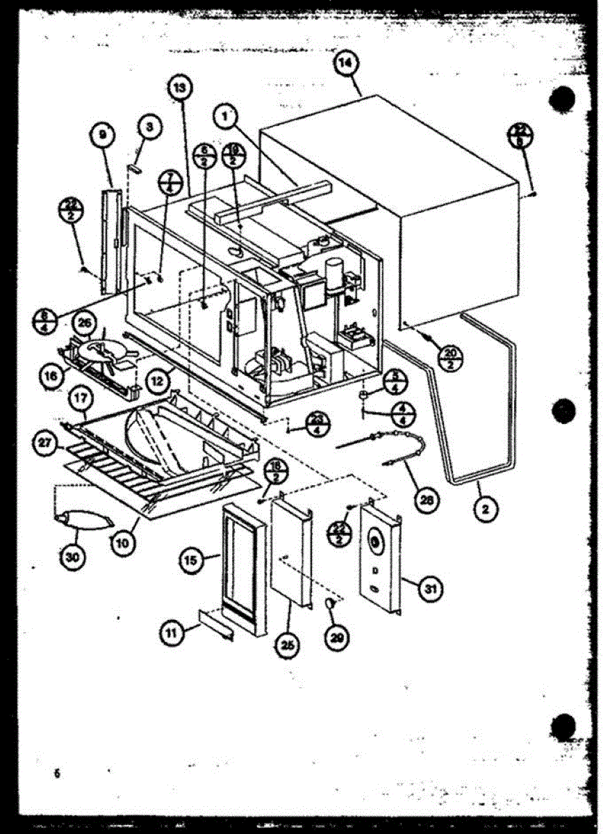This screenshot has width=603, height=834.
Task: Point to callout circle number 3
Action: click(x=149, y=127)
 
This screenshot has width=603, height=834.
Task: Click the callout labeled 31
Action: click(x=431, y=589)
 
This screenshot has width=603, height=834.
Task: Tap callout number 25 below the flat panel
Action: click(x=288, y=645)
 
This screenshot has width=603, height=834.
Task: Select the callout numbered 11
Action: click(x=171, y=634)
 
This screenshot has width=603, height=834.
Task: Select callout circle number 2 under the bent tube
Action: click(x=486, y=509)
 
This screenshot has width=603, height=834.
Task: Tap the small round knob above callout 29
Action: click(x=331, y=604)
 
